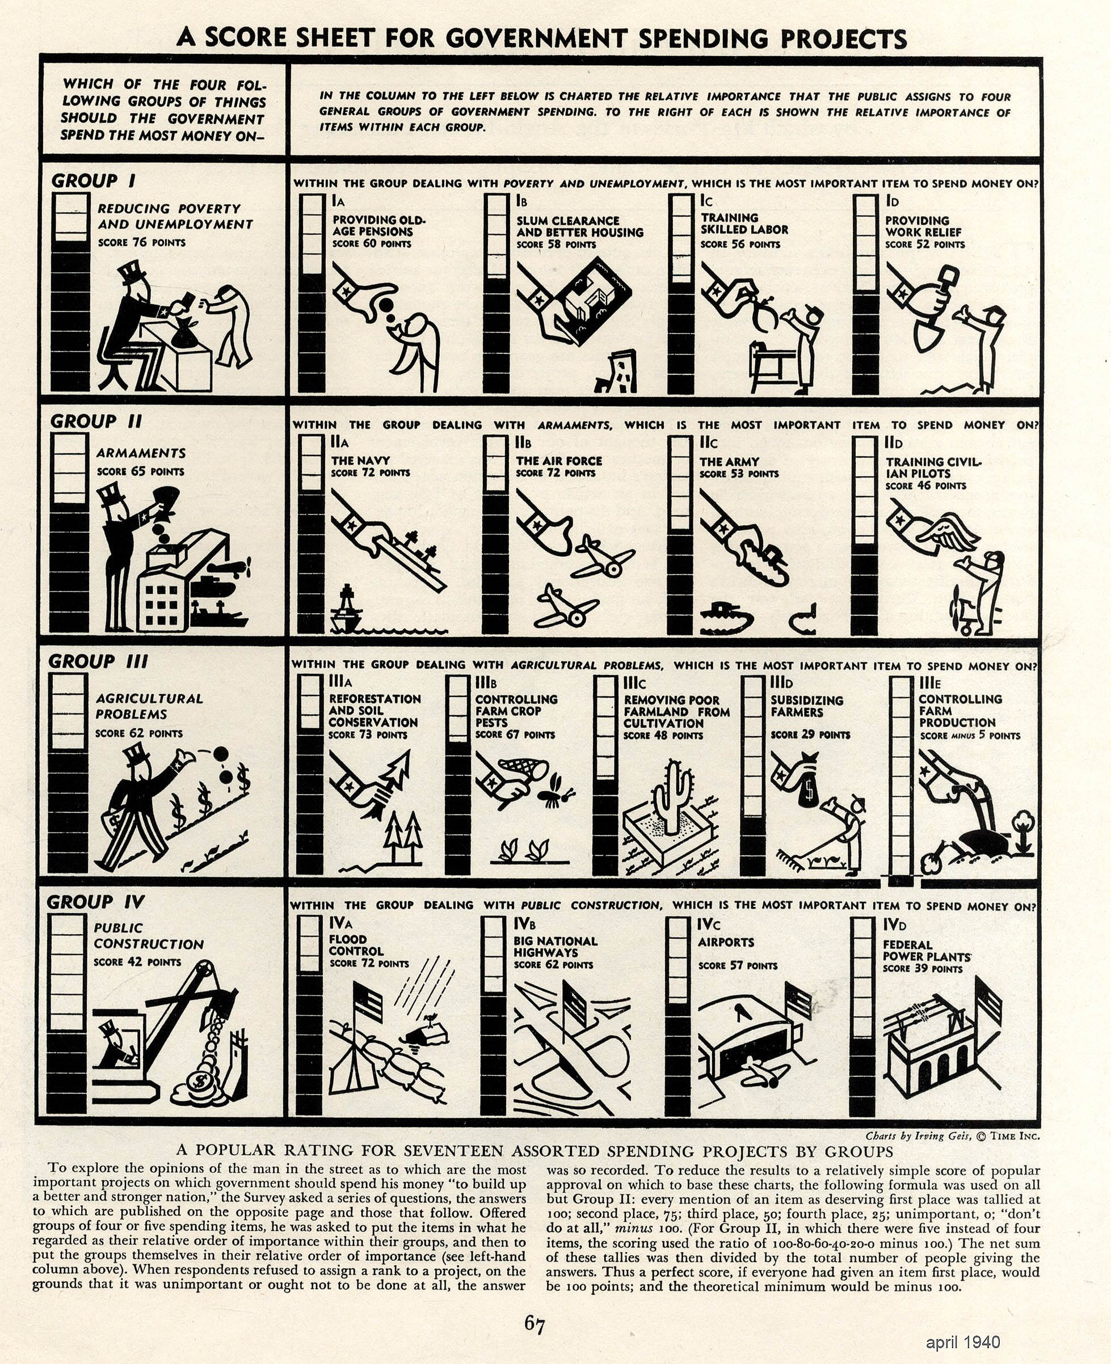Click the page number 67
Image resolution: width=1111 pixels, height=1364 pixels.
535,1323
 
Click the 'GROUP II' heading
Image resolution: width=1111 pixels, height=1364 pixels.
96,421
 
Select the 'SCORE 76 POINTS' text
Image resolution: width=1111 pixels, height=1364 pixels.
141,243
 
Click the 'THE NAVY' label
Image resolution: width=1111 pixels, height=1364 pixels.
360,461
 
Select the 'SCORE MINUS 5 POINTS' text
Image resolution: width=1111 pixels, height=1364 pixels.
970,736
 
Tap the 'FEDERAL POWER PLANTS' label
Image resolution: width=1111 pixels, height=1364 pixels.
927,951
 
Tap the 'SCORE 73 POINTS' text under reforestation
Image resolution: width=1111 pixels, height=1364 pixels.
368,735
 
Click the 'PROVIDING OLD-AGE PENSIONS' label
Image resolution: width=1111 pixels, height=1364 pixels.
379,226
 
